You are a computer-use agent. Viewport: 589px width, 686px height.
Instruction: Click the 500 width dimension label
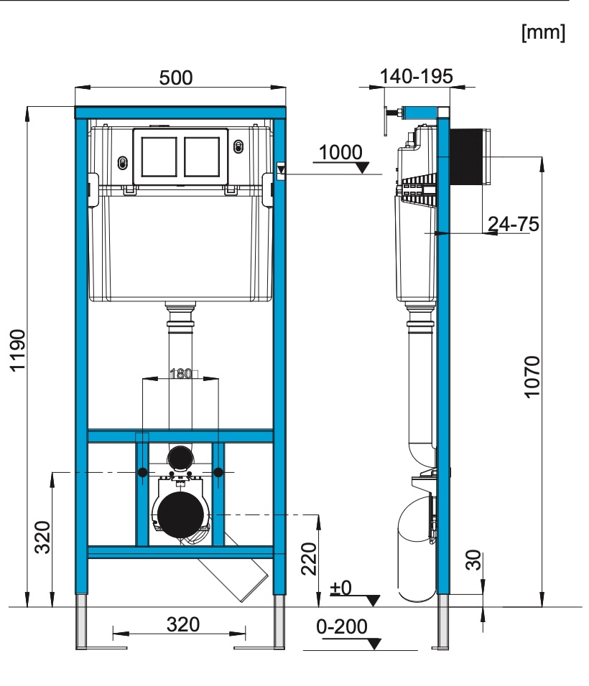(x=175, y=78)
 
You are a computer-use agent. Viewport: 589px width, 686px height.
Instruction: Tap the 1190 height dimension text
(x=18, y=350)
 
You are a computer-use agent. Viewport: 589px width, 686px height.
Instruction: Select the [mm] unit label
(x=543, y=33)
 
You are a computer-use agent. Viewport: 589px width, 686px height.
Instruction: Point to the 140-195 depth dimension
(x=416, y=77)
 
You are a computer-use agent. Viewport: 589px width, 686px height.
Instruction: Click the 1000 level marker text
(x=340, y=153)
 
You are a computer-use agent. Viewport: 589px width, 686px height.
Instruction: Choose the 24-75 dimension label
(x=514, y=224)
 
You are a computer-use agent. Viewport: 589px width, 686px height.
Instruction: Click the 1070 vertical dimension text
(x=532, y=377)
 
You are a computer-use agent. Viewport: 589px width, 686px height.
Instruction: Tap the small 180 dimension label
(x=180, y=374)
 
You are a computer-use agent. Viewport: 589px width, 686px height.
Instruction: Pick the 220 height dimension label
(x=309, y=559)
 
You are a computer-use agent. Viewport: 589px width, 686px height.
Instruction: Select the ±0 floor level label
(x=340, y=588)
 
